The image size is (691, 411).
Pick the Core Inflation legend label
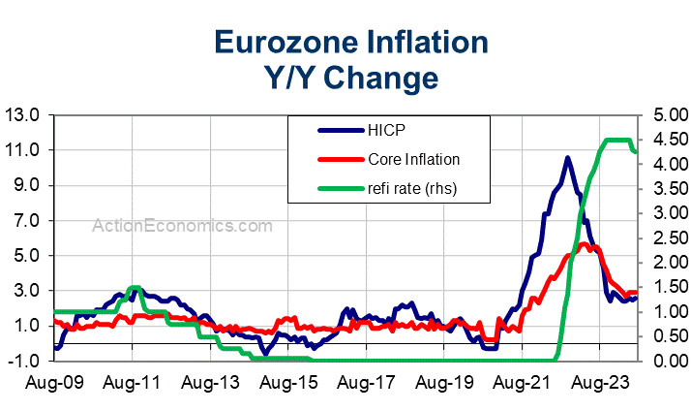[413, 159]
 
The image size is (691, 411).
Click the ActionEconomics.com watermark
[182, 225]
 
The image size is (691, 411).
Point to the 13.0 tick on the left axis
[22, 115]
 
